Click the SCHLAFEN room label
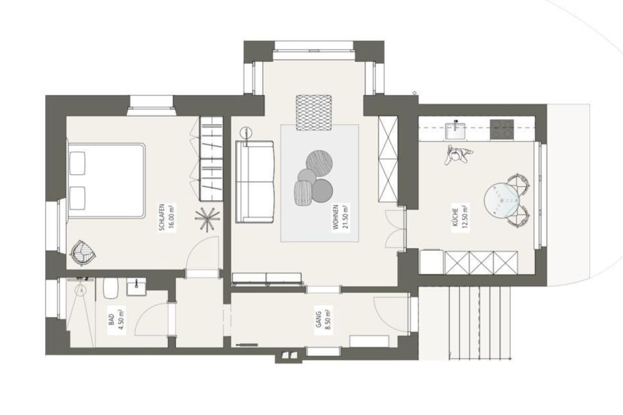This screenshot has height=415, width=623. click(162, 217)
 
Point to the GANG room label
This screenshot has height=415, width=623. click(319, 319)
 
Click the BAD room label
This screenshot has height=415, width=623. click(112, 319)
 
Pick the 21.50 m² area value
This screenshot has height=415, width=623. click(346, 216)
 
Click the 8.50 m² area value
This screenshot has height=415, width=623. click(329, 318)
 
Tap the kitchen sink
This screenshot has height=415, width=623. click(455, 131)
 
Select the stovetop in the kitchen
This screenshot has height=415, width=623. click(502, 129)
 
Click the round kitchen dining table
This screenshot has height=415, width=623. click(502, 200)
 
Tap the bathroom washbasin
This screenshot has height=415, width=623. click(136, 287)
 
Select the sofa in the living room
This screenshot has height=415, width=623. click(255, 182)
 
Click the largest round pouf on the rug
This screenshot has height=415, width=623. click(319, 163)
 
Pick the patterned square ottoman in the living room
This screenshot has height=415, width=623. click(314, 113)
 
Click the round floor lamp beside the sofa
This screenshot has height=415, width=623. click(246, 133)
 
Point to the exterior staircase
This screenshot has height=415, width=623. click(480, 323)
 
